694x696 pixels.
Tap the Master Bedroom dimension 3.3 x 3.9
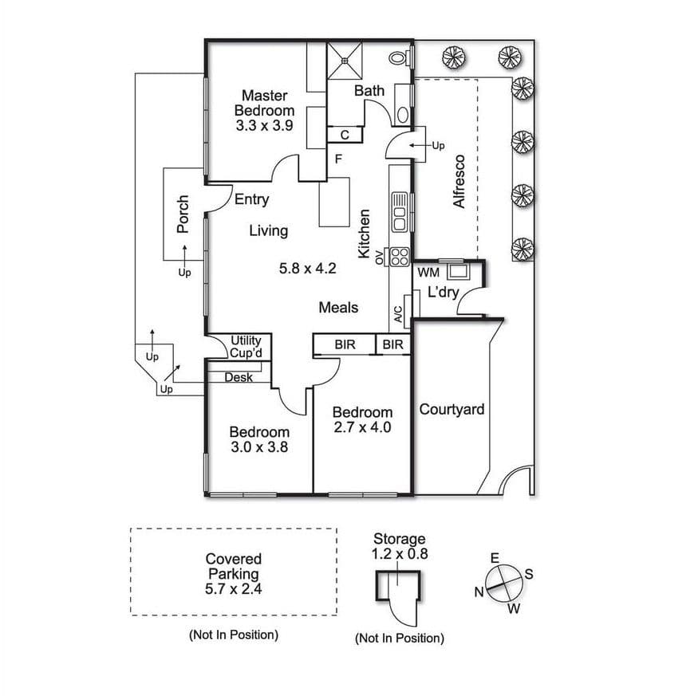pyautogui.click(x=264, y=126)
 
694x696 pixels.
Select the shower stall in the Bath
pyautogui.click(x=345, y=61)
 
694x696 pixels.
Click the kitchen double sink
pyautogui.click(x=399, y=212)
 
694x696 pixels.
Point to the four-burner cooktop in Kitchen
pyautogui.click(x=399, y=257)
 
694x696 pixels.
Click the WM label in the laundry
pyautogui.click(x=428, y=272)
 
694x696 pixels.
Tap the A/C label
pyautogui.click(x=398, y=314)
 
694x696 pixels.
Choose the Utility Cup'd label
pyautogui.click(x=246, y=347)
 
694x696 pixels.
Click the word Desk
pyautogui.click(x=239, y=377)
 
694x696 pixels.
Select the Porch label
pyautogui.click(x=183, y=214)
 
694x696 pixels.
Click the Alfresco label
pyautogui.click(x=459, y=181)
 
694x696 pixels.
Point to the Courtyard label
pyautogui.click(x=451, y=409)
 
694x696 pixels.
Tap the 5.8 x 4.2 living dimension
pyautogui.click(x=307, y=268)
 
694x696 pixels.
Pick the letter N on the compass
pyautogui.click(x=479, y=592)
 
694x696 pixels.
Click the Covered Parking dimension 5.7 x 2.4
pyautogui.click(x=234, y=589)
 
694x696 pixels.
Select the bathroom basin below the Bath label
pyautogui.click(x=403, y=115)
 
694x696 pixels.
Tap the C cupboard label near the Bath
pyautogui.click(x=345, y=135)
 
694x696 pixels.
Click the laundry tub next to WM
pyautogui.click(x=458, y=271)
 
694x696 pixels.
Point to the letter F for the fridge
pyautogui.click(x=338, y=159)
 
